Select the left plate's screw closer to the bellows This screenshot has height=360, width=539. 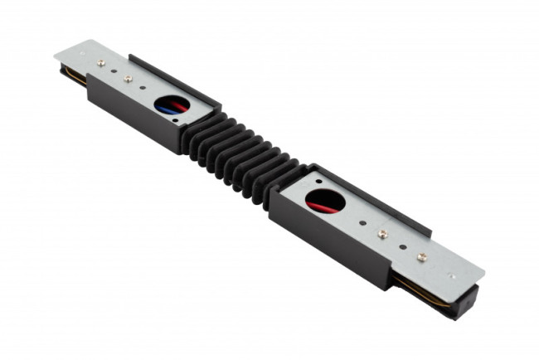(x=128, y=79)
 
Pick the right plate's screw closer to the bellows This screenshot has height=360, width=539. (x=382, y=234)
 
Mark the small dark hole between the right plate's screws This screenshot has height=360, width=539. (x=402, y=246)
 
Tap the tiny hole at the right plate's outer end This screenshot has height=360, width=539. (x=452, y=276)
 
